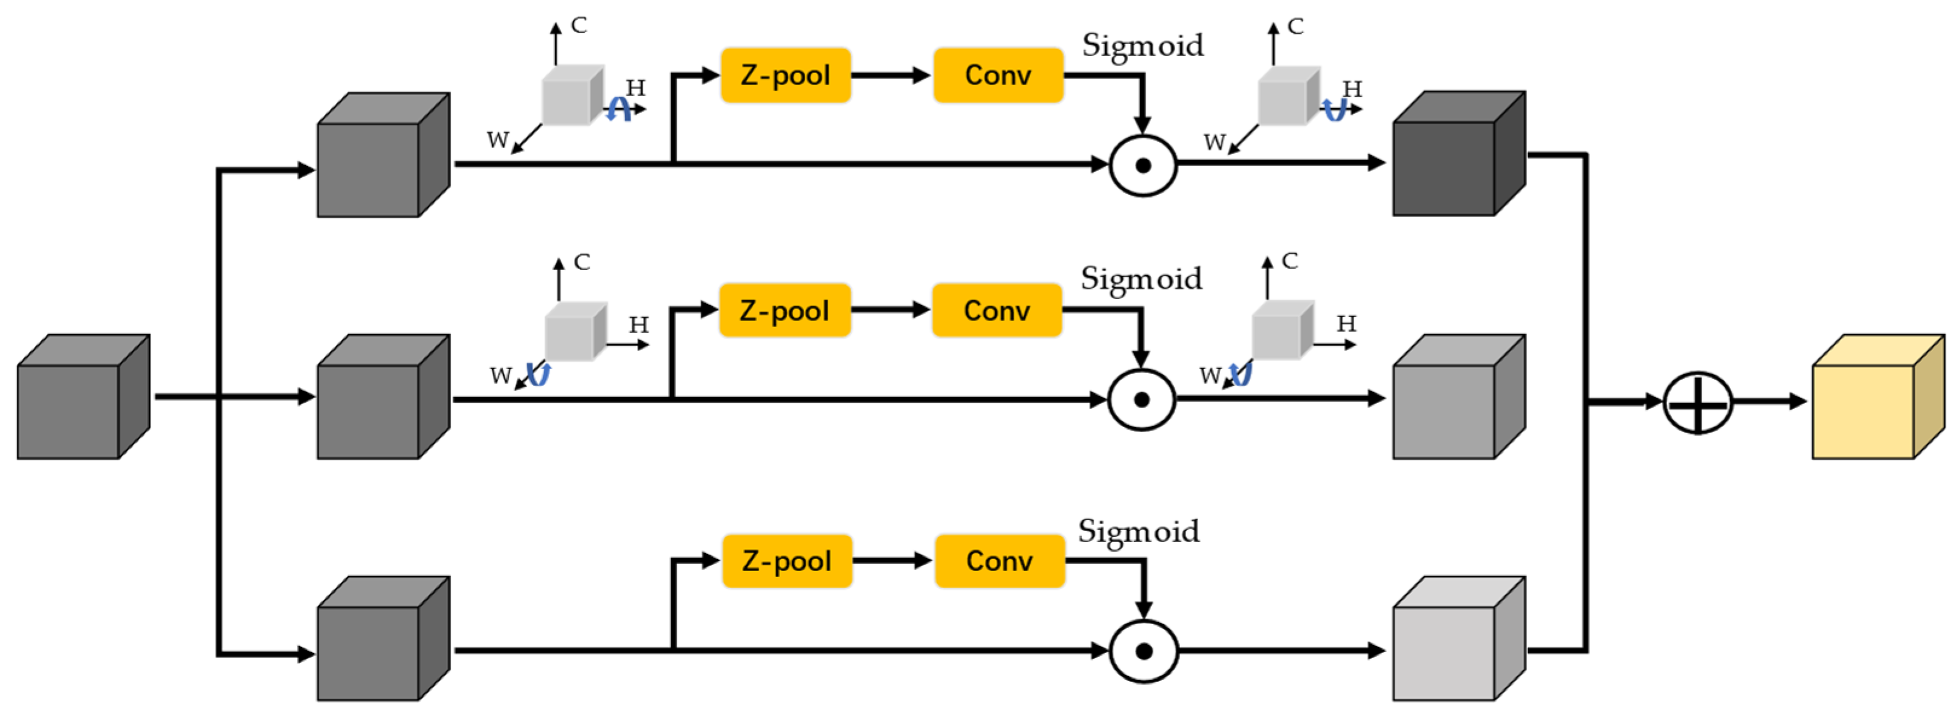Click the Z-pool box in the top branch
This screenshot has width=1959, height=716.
click(785, 76)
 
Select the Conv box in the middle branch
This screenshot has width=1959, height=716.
click(996, 310)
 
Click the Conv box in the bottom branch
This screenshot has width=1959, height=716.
click(999, 561)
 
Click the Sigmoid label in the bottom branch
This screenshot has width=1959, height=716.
click(1138, 531)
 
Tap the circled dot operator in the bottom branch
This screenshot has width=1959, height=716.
click(1143, 651)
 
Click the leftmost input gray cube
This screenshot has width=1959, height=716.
click(82, 398)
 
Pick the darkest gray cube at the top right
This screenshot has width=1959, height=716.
click(1457, 155)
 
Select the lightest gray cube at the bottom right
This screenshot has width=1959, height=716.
click(1457, 640)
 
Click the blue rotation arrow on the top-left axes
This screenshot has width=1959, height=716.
click(618, 109)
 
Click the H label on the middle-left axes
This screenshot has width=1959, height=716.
click(638, 325)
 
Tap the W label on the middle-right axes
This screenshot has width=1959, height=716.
click(1209, 375)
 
